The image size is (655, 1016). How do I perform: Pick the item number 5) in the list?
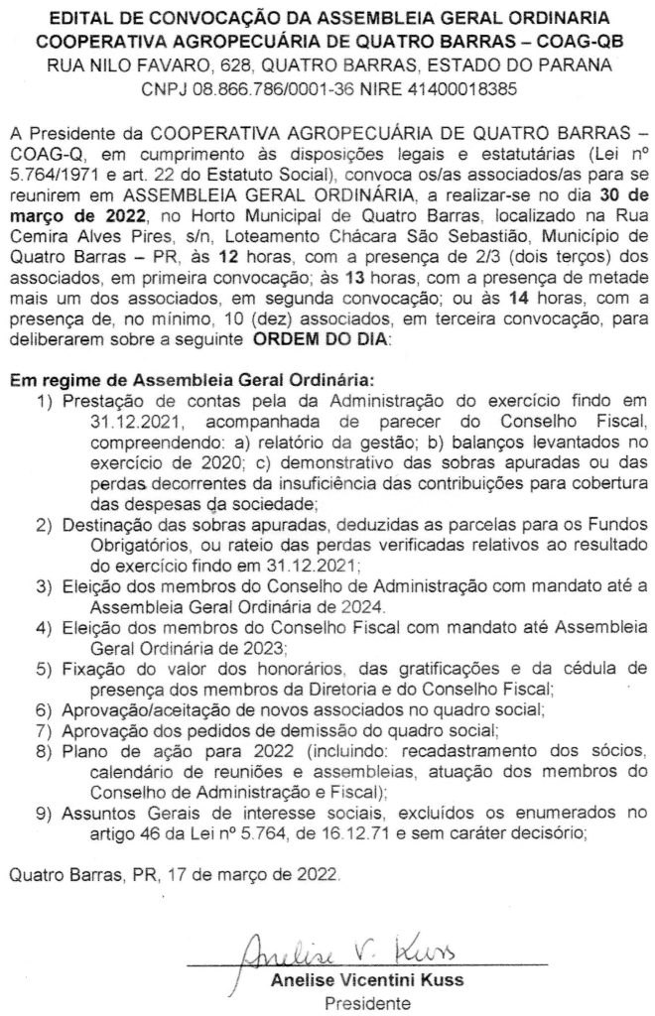click(44, 667)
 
